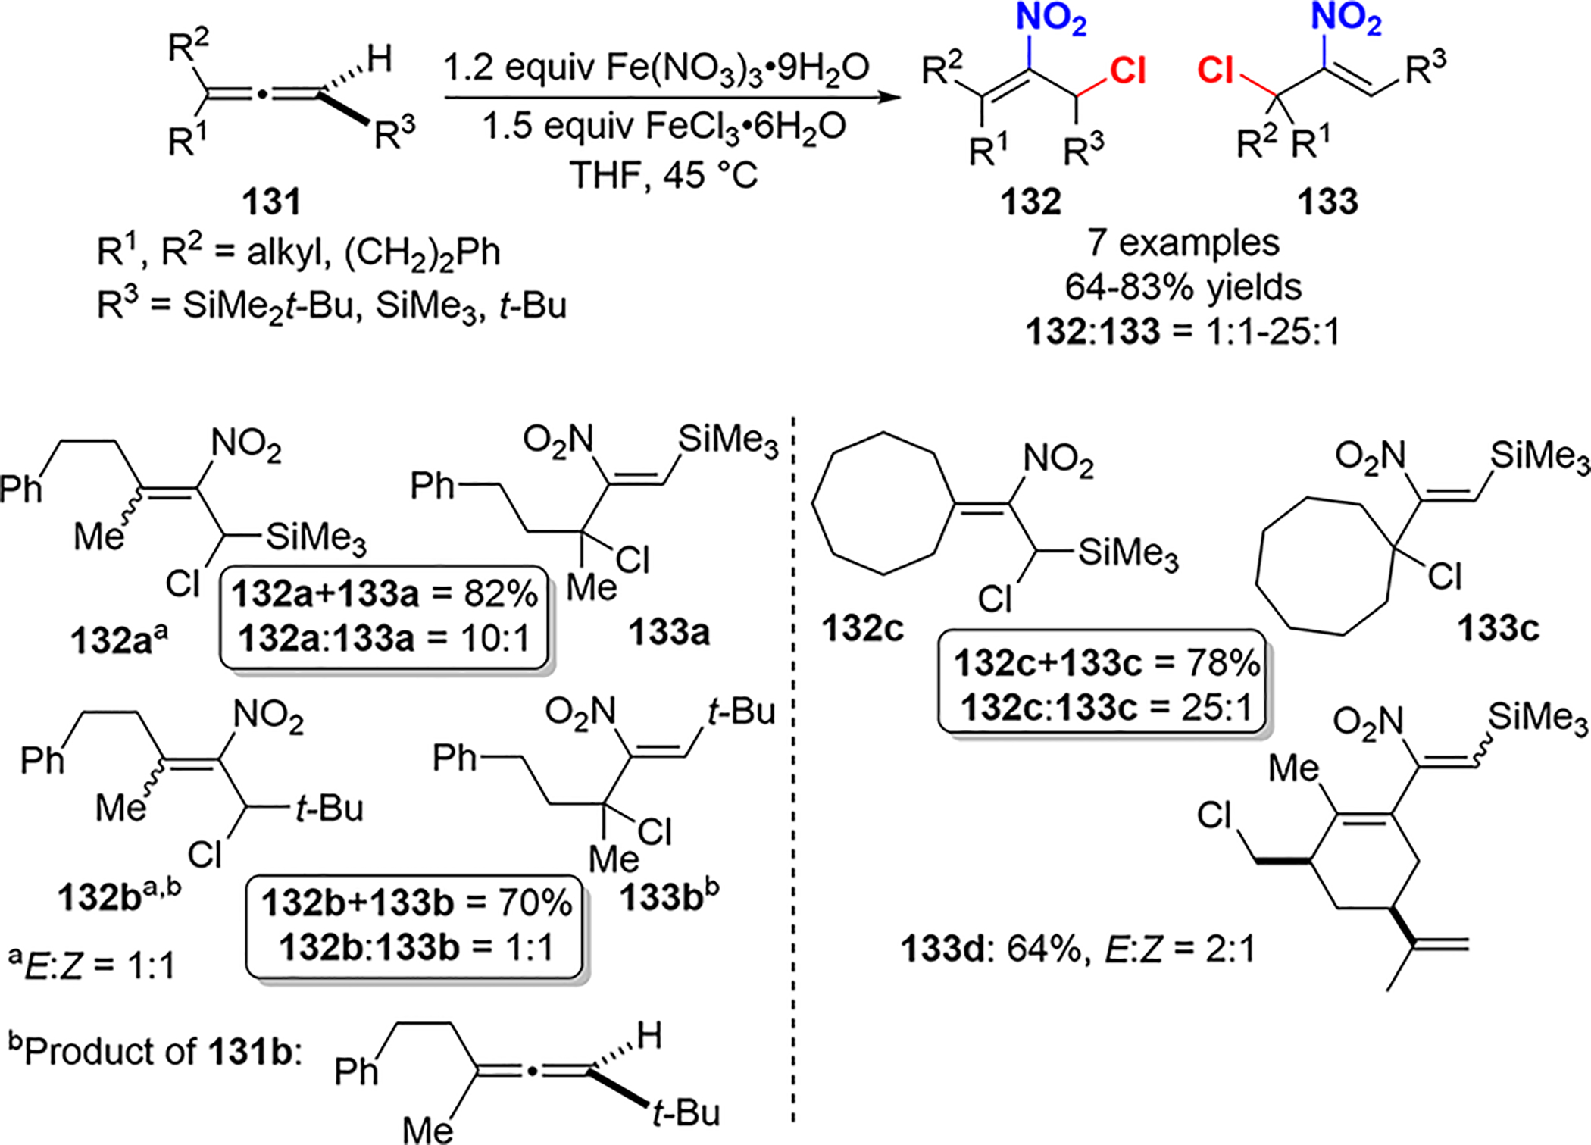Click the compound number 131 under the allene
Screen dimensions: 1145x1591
271,202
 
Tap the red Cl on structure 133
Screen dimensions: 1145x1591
1216,71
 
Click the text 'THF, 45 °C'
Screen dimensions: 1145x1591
664,176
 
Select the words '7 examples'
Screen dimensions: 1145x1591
1183,243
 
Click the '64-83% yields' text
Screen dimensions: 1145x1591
1183,287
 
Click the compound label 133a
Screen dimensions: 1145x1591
669,632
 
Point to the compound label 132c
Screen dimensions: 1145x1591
864,628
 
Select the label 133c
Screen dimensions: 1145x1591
1498,628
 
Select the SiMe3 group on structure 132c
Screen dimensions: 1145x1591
1128,554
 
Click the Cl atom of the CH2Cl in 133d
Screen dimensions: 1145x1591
1214,817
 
